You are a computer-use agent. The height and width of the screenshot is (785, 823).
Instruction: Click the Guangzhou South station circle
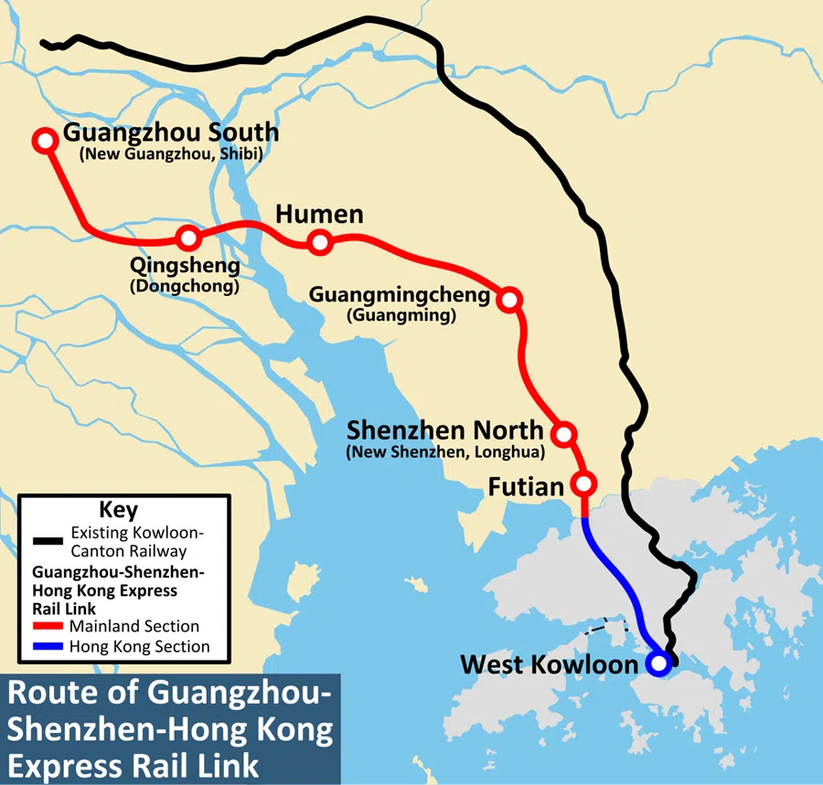(44, 140)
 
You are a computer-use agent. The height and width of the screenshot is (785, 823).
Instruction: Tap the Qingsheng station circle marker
(188, 239)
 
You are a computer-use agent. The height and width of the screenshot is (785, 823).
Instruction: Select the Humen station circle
(319, 242)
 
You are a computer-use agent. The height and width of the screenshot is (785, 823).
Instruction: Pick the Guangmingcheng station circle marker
(510, 299)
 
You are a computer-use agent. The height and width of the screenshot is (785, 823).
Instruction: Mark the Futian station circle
(583, 483)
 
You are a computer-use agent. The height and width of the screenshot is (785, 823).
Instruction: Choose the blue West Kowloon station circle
(657, 663)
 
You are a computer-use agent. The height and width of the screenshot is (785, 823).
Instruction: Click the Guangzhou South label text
(170, 133)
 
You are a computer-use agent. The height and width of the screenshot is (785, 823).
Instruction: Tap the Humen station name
(319, 215)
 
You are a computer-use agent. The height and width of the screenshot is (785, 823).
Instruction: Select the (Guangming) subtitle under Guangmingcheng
(401, 316)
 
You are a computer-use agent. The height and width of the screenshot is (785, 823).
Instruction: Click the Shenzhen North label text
(444, 430)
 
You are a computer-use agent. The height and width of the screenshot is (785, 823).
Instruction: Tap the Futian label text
(525, 487)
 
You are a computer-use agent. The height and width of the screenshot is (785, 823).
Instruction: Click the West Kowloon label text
(548, 664)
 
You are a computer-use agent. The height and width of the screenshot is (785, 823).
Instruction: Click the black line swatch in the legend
(48, 541)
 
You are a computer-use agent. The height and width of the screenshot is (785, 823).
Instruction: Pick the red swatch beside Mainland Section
(48, 627)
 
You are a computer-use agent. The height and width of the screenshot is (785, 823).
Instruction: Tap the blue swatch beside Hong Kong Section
(48, 646)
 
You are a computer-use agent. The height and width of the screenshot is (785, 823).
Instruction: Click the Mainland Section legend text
(134, 627)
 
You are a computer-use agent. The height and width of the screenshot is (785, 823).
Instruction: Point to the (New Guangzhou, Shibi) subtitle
(171, 155)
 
